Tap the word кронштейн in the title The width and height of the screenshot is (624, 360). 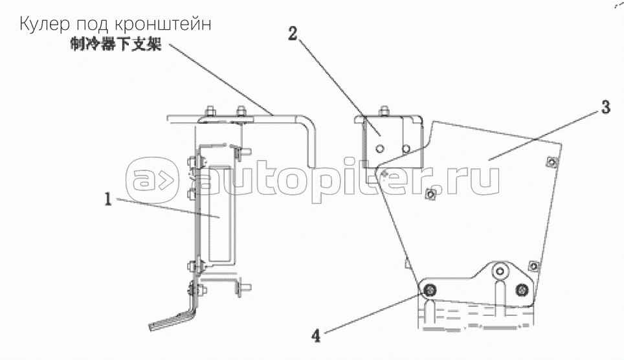coord(162,25)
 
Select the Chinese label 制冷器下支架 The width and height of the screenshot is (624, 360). coord(116,44)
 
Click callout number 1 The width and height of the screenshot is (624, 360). coord(108,199)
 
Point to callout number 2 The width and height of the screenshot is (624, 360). coord(293,34)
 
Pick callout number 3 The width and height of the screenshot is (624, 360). coord(606,107)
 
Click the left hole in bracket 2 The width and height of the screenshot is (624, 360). coord(379,148)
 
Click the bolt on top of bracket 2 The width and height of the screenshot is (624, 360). coord(384,111)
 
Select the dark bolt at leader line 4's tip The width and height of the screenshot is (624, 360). coord(429,291)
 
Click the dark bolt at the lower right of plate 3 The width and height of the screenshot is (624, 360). coord(521,290)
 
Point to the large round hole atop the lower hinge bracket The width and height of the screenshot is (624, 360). coord(500,271)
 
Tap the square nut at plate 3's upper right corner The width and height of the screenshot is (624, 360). coord(551,162)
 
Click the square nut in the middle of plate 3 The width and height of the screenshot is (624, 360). coord(430,194)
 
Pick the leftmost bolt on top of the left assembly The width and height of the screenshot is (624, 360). coord(210,111)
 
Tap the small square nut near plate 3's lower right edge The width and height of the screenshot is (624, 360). coord(534,265)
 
